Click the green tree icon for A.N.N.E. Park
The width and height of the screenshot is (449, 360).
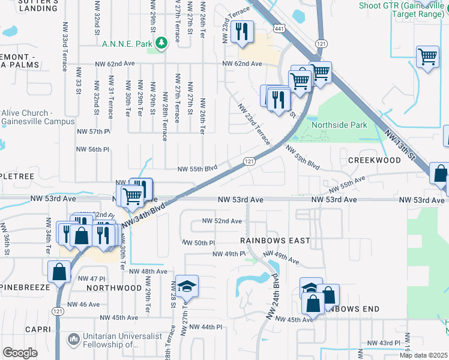coord(161,43)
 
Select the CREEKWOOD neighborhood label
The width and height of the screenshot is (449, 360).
coord(374,161)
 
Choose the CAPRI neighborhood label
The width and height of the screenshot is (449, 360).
coord(38,329)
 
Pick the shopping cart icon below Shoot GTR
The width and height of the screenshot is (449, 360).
coord(427,58)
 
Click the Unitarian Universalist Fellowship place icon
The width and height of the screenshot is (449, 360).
coord(73,340)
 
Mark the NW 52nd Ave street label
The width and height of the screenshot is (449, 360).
coord(222,221)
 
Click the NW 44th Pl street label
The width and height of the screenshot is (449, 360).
coord(203,327)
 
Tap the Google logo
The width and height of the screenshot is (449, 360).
coord(20,352)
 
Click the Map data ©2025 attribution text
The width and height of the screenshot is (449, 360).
coord(423,355)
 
